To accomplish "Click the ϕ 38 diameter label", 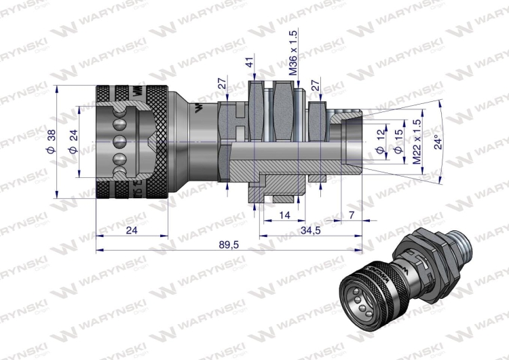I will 52,141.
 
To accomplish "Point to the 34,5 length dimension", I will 310,230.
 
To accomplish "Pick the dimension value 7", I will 350,215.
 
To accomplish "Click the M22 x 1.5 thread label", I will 417,141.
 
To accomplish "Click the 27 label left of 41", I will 221,84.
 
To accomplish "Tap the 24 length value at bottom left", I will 132,230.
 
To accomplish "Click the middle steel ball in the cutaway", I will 119,141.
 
